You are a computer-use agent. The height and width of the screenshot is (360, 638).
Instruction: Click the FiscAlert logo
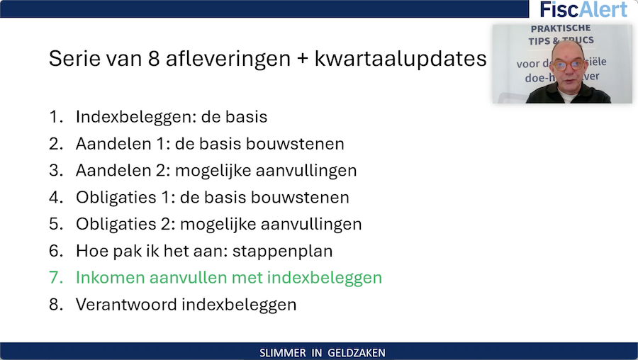click(x=583, y=9)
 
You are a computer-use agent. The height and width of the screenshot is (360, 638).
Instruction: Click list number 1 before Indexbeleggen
click(x=55, y=117)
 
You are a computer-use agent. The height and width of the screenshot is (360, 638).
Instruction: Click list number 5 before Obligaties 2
click(x=55, y=225)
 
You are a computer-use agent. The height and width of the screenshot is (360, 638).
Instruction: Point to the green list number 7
click(x=55, y=278)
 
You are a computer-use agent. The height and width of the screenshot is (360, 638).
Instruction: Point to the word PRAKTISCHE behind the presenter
click(x=561, y=29)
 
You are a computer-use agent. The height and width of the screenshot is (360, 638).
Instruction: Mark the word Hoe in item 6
click(x=90, y=252)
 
